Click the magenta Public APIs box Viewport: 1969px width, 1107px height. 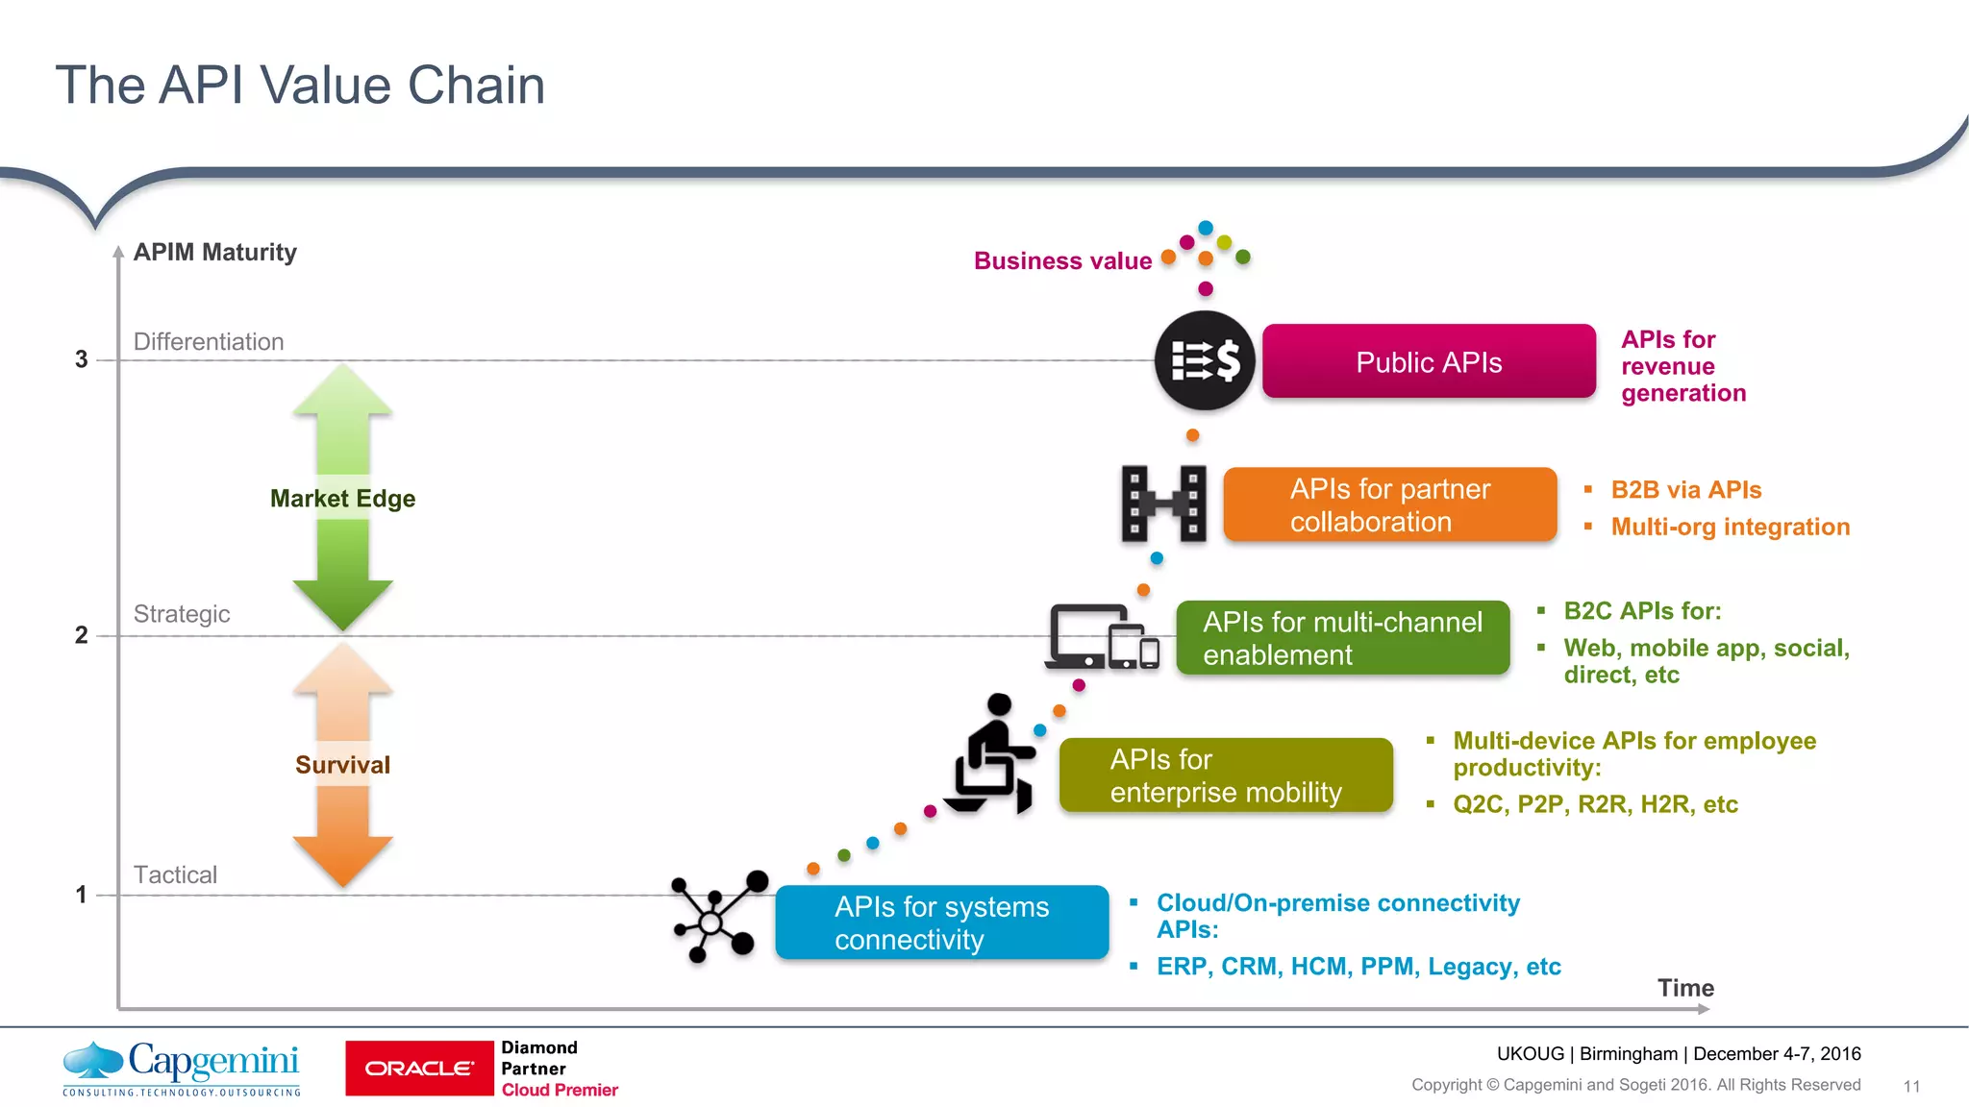(1429, 361)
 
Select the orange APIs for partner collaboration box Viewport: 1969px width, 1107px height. (1389, 505)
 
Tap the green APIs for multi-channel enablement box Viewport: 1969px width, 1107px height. (1342, 638)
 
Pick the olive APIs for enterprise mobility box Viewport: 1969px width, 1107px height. (1226, 775)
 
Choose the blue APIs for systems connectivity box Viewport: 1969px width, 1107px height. (941, 922)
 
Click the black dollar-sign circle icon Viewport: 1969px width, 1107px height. (1205, 361)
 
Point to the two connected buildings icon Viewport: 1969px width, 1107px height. (1163, 504)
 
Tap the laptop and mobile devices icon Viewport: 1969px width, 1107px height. (1103, 637)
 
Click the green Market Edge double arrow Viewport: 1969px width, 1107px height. (342, 498)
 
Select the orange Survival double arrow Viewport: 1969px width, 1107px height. (342, 765)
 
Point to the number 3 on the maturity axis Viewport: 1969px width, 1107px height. (82, 359)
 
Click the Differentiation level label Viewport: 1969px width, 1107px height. (209, 342)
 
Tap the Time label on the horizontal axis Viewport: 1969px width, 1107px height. (1685, 988)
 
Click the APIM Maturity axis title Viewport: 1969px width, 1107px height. (214, 252)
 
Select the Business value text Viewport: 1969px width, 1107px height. (1062, 260)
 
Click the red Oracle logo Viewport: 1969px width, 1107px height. (419, 1068)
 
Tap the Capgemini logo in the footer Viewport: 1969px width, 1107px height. (182, 1068)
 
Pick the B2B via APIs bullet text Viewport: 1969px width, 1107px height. (1685, 490)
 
